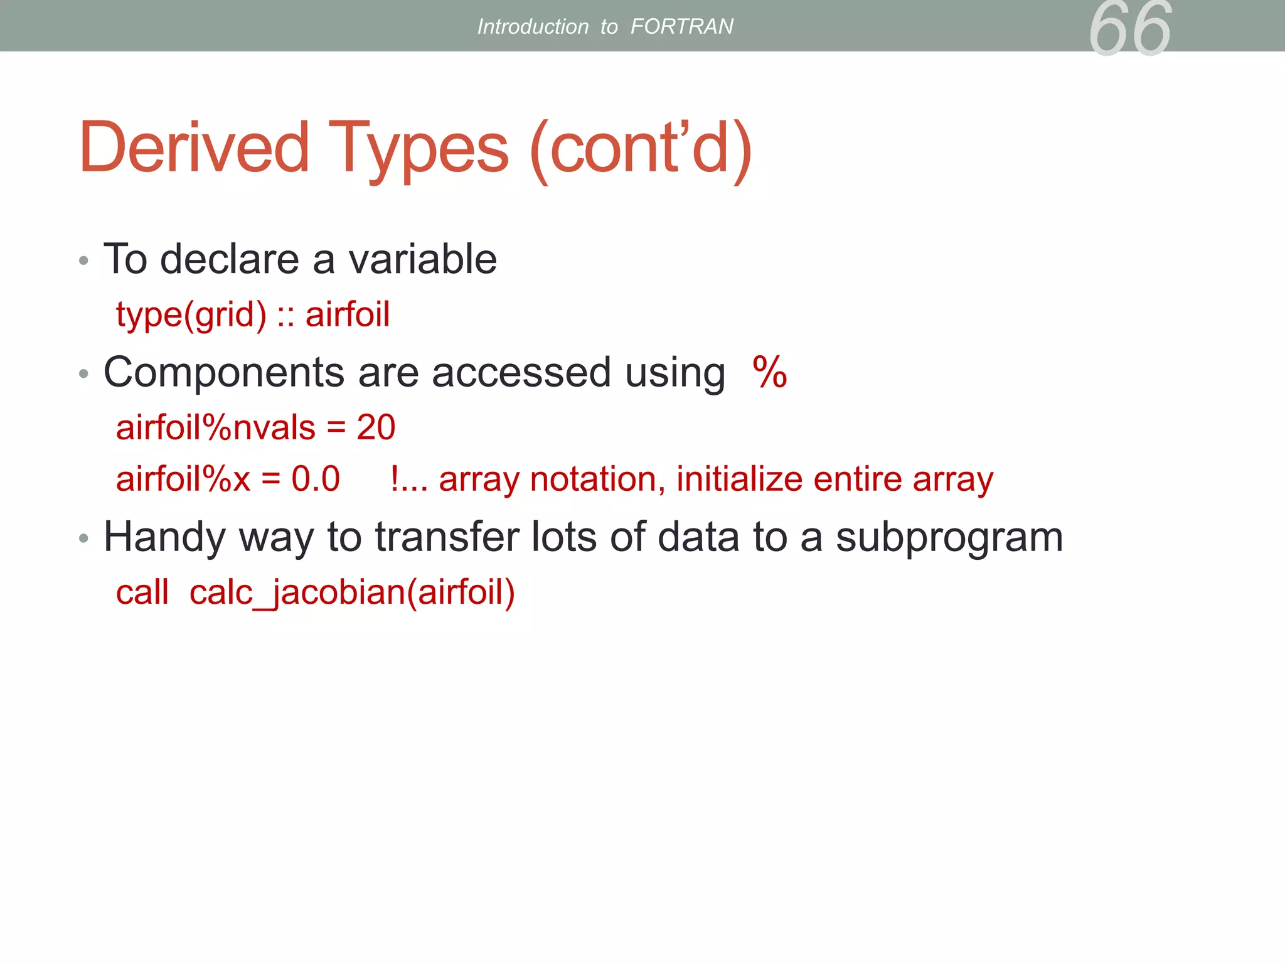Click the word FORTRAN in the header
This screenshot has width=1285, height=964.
click(x=681, y=26)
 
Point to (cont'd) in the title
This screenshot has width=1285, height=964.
click(x=641, y=149)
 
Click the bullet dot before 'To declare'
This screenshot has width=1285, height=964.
click(x=84, y=260)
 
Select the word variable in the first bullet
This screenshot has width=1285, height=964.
click(x=422, y=259)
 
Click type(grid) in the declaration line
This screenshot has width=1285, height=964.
click(x=191, y=315)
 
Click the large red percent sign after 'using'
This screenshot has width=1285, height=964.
click(x=769, y=372)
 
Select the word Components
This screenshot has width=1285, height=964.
click(x=224, y=373)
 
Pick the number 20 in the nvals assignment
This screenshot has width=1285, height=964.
click(x=376, y=427)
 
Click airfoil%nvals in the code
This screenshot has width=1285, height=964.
click(x=216, y=427)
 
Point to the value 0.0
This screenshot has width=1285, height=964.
click(x=316, y=479)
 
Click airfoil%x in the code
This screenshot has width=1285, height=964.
click(x=183, y=479)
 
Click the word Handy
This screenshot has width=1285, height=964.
click(x=164, y=537)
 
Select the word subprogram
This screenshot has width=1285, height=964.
click(x=949, y=537)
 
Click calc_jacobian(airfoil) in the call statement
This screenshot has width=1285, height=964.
click(x=352, y=592)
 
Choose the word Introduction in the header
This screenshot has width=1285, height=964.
click(x=533, y=26)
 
